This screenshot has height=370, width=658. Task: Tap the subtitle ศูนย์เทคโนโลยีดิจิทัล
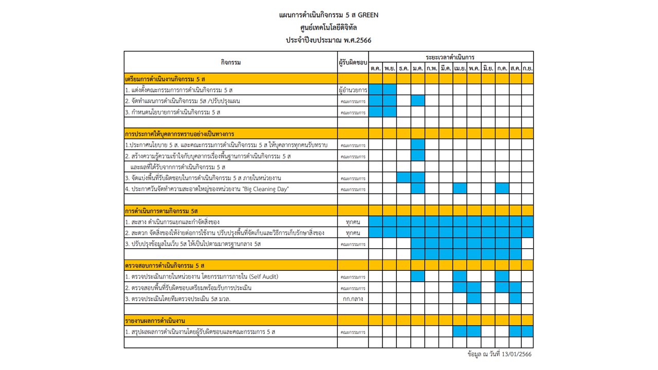click(328, 28)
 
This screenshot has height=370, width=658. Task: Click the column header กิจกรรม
click(231, 63)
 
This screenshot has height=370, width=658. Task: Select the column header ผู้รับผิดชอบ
click(353, 63)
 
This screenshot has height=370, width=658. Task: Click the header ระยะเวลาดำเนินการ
click(450, 57)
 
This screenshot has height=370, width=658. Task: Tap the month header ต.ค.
click(376, 68)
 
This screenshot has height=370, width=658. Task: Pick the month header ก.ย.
click(527, 68)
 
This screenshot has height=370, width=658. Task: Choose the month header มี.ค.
click(446, 68)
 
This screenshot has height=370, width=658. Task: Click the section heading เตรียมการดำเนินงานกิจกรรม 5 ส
click(165, 79)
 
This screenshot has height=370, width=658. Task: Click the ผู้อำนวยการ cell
click(353, 90)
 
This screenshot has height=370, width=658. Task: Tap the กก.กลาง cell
click(353, 299)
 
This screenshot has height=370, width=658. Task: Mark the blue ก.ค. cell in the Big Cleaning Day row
click(502, 189)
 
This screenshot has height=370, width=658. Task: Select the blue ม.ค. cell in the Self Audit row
click(418, 276)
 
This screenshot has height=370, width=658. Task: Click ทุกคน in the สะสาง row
click(353, 222)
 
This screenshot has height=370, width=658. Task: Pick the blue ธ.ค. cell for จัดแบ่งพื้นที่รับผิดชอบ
click(404, 178)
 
